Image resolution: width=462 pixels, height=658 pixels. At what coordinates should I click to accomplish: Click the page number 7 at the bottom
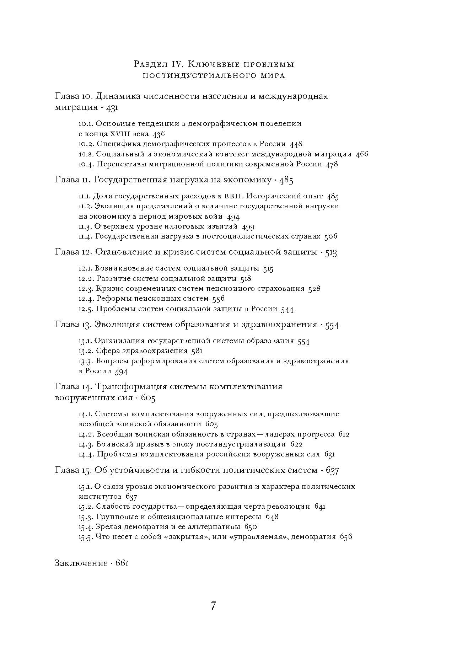(213, 606)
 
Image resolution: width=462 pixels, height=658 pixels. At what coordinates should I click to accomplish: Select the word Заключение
(81, 563)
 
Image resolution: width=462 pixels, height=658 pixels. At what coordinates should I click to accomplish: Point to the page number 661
(122, 563)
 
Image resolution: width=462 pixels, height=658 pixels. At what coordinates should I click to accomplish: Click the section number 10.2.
(86, 144)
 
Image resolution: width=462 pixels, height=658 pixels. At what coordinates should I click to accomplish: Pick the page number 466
(362, 154)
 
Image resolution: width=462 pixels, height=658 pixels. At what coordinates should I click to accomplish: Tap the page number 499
(248, 226)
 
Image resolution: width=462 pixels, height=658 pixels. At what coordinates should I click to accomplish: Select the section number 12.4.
(86, 299)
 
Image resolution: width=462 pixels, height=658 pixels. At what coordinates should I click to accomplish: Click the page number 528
(314, 289)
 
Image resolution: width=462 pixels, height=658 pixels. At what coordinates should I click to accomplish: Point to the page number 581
(197, 351)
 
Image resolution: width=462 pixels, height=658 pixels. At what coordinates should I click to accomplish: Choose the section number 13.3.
(86, 361)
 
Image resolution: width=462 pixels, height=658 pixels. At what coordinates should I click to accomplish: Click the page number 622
(296, 444)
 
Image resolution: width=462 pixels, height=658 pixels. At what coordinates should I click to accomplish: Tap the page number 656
(346, 537)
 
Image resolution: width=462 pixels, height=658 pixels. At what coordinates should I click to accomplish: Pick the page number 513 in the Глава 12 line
(331, 252)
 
